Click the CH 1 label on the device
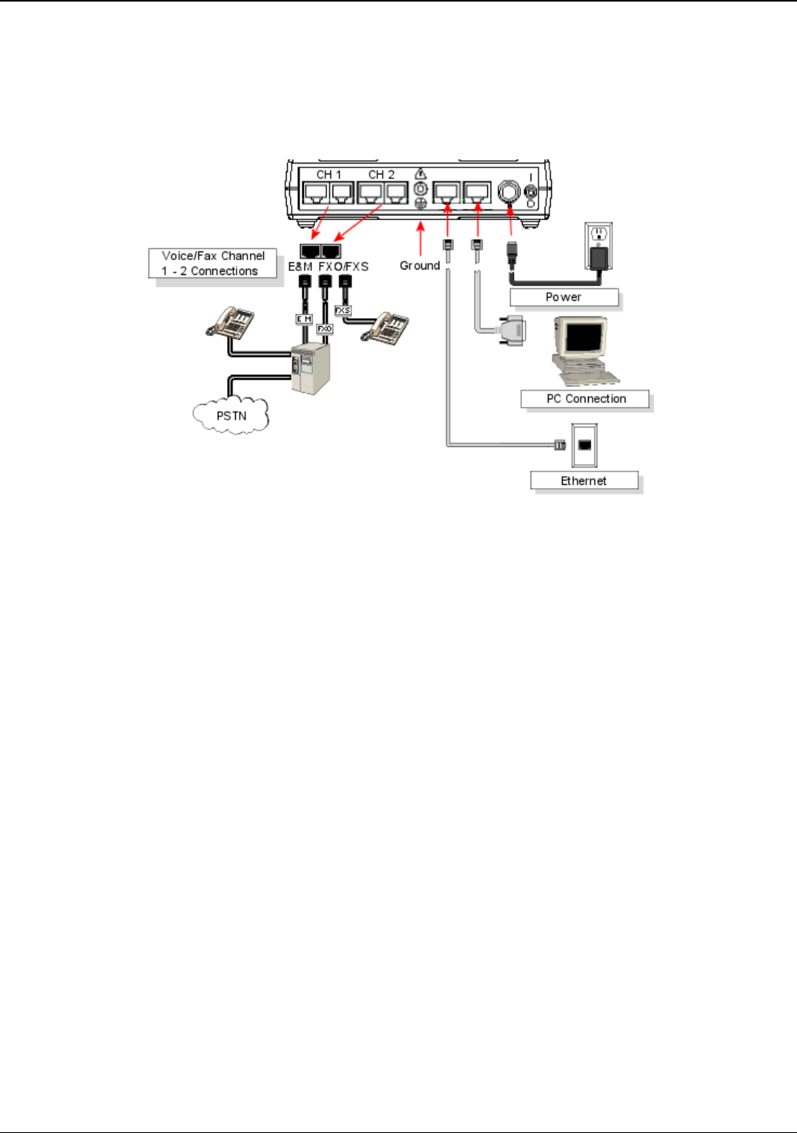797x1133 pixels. coord(329,174)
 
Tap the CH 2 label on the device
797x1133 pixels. coord(381,174)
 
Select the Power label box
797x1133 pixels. coord(564,297)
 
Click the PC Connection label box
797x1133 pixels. coord(586,399)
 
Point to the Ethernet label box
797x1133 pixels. coord(584,481)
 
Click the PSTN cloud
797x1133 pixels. coord(231,416)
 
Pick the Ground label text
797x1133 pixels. coord(420,266)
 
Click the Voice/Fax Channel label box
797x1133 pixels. coord(213,263)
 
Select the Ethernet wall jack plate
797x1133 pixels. coord(584,445)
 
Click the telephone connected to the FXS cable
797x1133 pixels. coord(385,328)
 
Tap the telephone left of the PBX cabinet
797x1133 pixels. coord(230,321)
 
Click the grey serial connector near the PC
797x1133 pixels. coord(512,329)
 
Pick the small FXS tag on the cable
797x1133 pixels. coord(343,310)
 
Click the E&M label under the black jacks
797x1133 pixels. coord(300,266)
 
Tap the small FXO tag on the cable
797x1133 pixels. coord(324,329)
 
